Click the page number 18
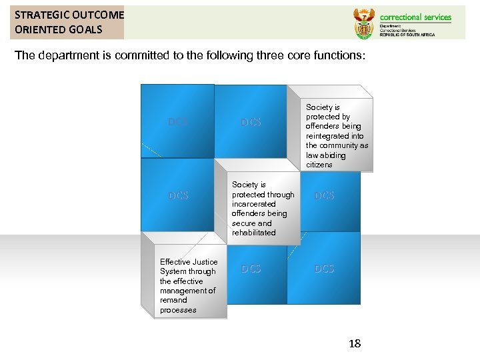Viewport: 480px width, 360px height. pos(355,343)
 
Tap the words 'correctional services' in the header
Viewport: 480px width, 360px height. pos(415,17)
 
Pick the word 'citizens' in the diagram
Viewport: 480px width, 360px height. pos(319,165)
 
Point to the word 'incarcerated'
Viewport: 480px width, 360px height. pos(254,204)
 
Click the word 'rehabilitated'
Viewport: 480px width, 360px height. pos(253,233)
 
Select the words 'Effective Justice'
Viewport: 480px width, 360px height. pos(189,262)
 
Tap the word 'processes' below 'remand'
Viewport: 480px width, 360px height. pos(178,310)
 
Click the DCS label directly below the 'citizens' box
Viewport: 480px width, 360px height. pos(324,195)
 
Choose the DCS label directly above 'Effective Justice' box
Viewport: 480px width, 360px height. pos(178,195)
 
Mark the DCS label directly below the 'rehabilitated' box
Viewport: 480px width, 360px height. pos(251,269)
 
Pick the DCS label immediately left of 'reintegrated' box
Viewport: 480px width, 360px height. pos(251,122)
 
